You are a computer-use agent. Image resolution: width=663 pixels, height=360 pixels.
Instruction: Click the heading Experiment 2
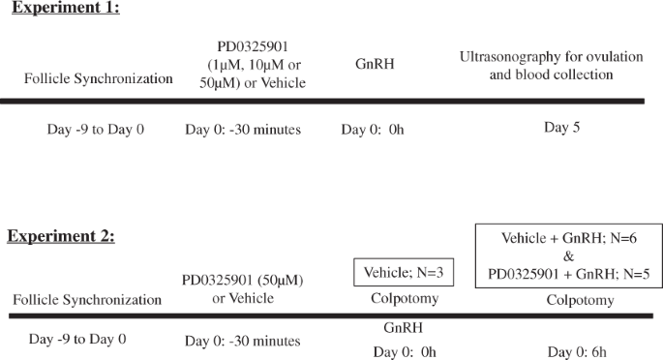click(x=61, y=236)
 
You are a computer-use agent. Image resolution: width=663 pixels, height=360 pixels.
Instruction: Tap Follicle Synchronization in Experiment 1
click(x=100, y=77)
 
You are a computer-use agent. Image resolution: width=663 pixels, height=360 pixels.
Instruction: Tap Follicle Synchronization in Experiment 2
click(x=87, y=299)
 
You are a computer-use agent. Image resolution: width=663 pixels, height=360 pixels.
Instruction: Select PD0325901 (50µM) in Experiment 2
click(x=242, y=280)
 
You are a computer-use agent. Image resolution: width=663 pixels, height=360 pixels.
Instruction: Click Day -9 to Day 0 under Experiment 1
click(x=96, y=130)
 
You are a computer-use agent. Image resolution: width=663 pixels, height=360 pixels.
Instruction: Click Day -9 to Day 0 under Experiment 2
click(x=77, y=339)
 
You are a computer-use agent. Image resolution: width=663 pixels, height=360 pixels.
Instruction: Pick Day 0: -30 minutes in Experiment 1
click(x=243, y=130)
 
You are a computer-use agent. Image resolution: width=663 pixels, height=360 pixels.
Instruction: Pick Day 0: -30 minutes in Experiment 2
click(x=242, y=341)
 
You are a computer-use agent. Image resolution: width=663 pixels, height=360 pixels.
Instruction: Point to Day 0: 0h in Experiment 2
click(x=405, y=351)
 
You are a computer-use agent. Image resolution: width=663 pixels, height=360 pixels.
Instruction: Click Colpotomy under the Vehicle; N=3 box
click(x=405, y=299)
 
